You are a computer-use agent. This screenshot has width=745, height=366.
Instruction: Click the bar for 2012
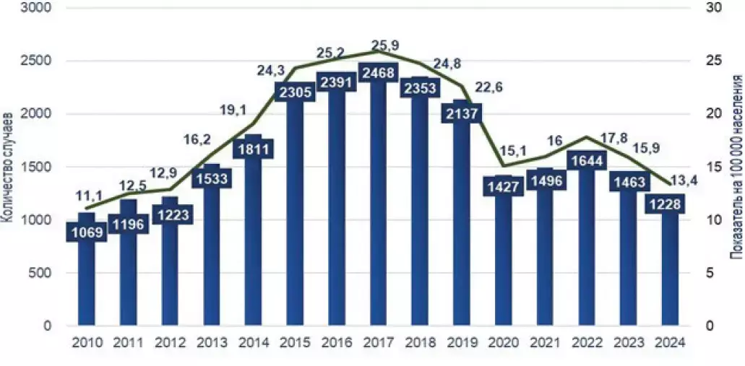170,274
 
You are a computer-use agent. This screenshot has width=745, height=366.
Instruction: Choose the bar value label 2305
293,91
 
